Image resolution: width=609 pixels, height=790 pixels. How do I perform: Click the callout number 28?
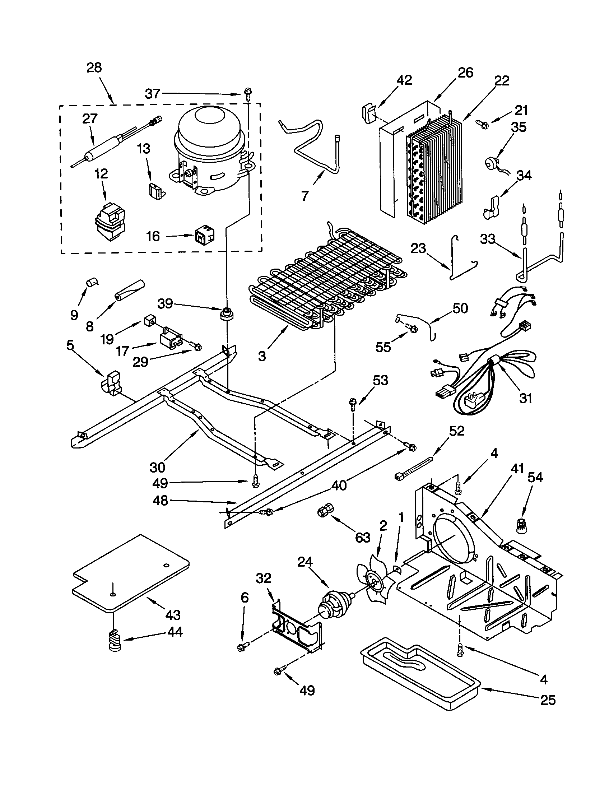click(94, 68)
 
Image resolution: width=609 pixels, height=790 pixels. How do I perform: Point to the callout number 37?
click(152, 94)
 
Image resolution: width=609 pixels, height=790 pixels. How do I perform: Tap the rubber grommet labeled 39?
click(227, 313)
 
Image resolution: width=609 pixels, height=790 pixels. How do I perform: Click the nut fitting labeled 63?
click(322, 511)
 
